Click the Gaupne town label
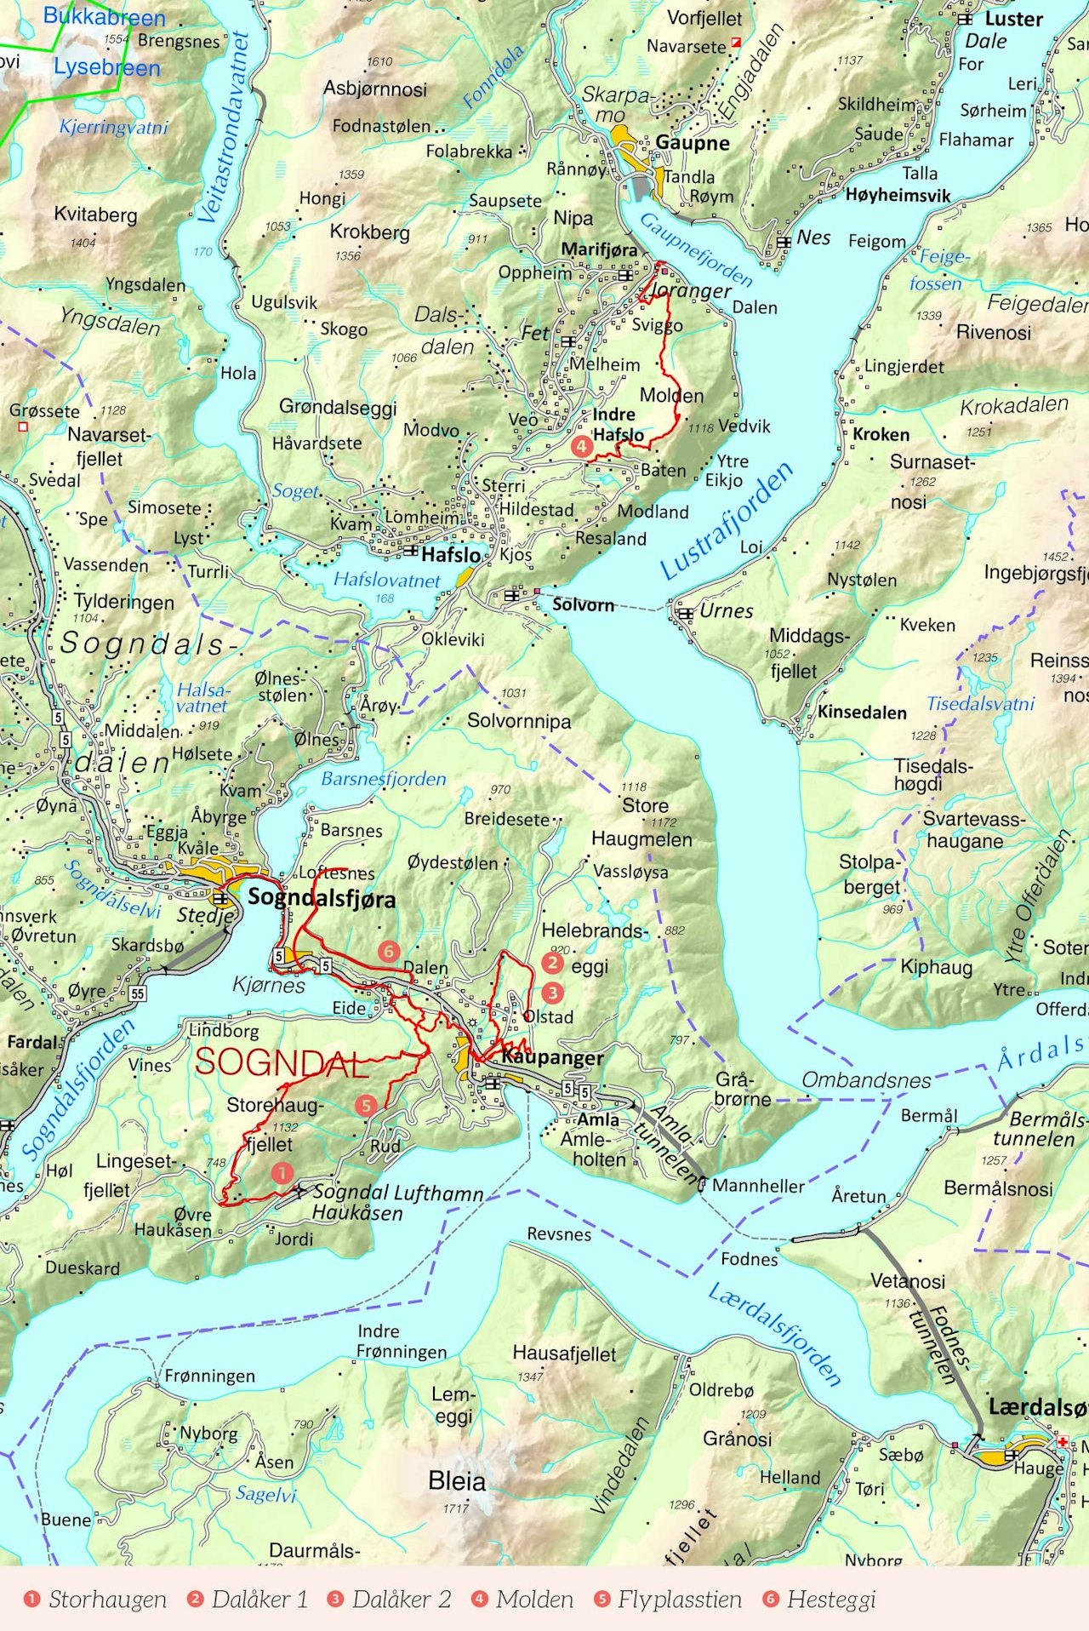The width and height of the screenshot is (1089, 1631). [x=692, y=143]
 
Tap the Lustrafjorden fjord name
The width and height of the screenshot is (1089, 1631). [x=727, y=521]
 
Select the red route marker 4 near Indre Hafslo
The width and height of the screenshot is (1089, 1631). [x=581, y=445]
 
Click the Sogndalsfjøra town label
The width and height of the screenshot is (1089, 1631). [x=322, y=899]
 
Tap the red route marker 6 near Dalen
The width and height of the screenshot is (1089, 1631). [x=389, y=951]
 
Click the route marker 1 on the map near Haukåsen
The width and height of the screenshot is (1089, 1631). [x=282, y=1173]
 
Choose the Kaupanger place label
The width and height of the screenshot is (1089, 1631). [x=552, y=1057]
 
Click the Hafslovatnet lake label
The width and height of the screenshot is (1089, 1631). [x=387, y=581]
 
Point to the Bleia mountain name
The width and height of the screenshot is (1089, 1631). [x=457, y=1481]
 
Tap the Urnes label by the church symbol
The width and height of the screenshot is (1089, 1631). [x=726, y=611]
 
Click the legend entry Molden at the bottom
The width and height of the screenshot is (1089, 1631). [x=534, y=1600]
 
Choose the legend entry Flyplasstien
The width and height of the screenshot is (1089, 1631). [x=679, y=1600]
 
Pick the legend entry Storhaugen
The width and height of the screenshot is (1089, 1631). [x=107, y=1600]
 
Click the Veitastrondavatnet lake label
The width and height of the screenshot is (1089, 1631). [x=224, y=128]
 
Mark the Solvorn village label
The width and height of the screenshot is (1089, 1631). [x=583, y=605]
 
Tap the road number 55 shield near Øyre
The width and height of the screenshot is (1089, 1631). [x=137, y=993]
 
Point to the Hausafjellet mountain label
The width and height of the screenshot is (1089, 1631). [x=564, y=1353]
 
